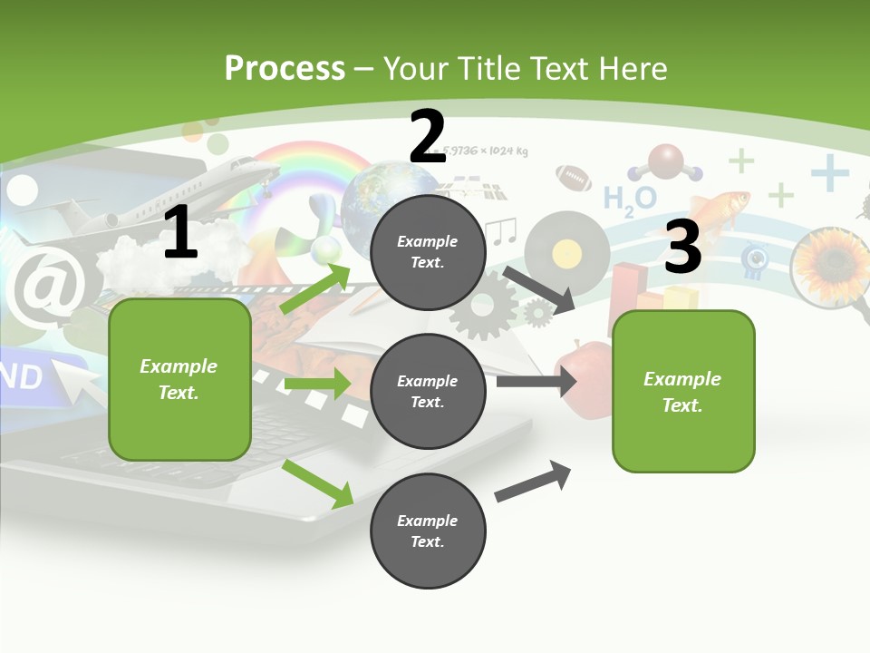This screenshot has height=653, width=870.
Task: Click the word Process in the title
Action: tap(285, 68)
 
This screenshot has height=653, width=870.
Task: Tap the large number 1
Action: tap(180, 234)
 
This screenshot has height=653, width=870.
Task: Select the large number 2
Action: tap(428, 136)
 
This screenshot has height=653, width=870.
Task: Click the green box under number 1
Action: tap(179, 379)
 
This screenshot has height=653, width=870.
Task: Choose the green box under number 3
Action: tap(683, 391)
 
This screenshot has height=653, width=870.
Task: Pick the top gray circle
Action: tap(428, 252)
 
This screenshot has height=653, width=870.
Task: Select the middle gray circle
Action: tap(428, 391)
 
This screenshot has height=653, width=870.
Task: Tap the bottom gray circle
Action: tap(428, 531)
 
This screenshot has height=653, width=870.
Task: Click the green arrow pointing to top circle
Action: tap(315, 288)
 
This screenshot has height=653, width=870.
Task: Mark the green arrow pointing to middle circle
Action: tap(317, 384)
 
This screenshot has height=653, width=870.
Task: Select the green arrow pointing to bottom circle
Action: tap(318, 483)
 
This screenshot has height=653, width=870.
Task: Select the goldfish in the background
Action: tap(720, 206)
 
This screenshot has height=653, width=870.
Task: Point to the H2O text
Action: tap(629, 199)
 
